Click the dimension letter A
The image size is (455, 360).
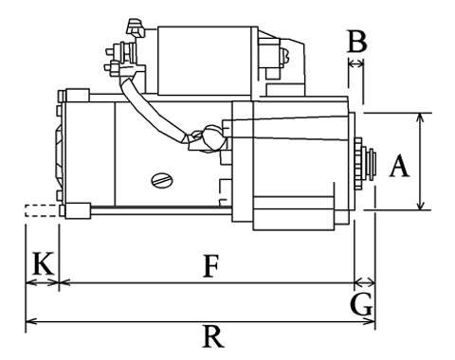pyautogui.click(x=399, y=166)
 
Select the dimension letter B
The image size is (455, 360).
pyautogui.click(x=357, y=42)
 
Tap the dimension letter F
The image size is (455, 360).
pyautogui.click(x=210, y=266)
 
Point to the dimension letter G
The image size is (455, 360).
pyautogui.click(x=361, y=304)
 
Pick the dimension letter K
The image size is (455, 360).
pyautogui.click(x=43, y=262)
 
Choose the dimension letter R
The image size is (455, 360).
pyautogui.click(x=213, y=336)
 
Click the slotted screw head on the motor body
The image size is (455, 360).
pyautogui.click(x=162, y=180)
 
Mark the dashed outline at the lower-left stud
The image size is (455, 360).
pyautogui.click(x=42, y=210)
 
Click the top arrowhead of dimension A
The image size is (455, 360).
pyautogui.click(x=420, y=117)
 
